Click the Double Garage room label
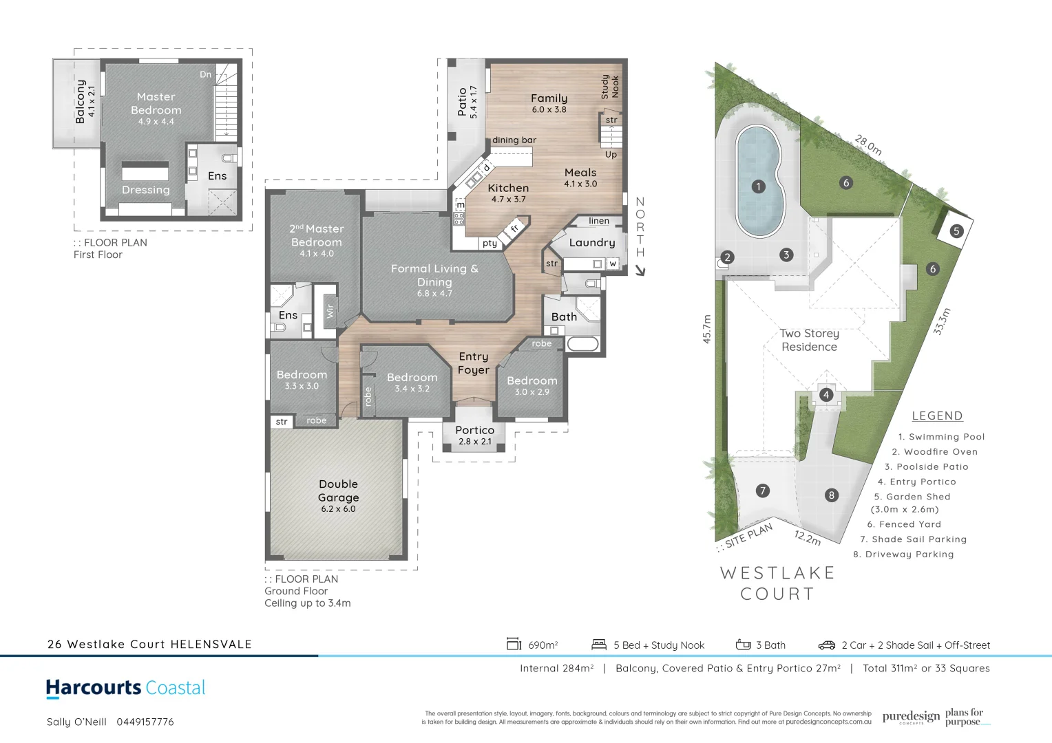pyautogui.click(x=338, y=495)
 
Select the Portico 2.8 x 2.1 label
pyautogui.click(x=475, y=435)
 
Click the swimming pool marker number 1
pyautogui.click(x=758, y=186)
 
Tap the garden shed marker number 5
pyautogui.click(x=956, y=231)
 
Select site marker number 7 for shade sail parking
pyautogui.click(x=762, y=491)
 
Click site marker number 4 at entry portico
pyautogui.click(x=826, y=395)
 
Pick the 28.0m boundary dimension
pyautogui.click(x=867, y=145)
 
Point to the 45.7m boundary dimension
pyautogui.click(x=706, y=329)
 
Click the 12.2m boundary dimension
pyautogui.click(x=808, y=537)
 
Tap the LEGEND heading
pyautogui.click(x=937, y=416)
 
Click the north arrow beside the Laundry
pyautogui.click(x=640, y=270)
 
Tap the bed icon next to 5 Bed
pyautogui.click(x=599, y=645)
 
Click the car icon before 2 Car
pyautogui.click(x=826, y=645)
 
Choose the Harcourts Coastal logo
pyautogui.click(x=125, y=688)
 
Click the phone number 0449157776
pyautogui.click(x=145, y=722)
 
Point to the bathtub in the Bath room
pyautogui.click(x=582, y=344)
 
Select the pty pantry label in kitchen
pyautogui.click(x=490, y=243)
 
